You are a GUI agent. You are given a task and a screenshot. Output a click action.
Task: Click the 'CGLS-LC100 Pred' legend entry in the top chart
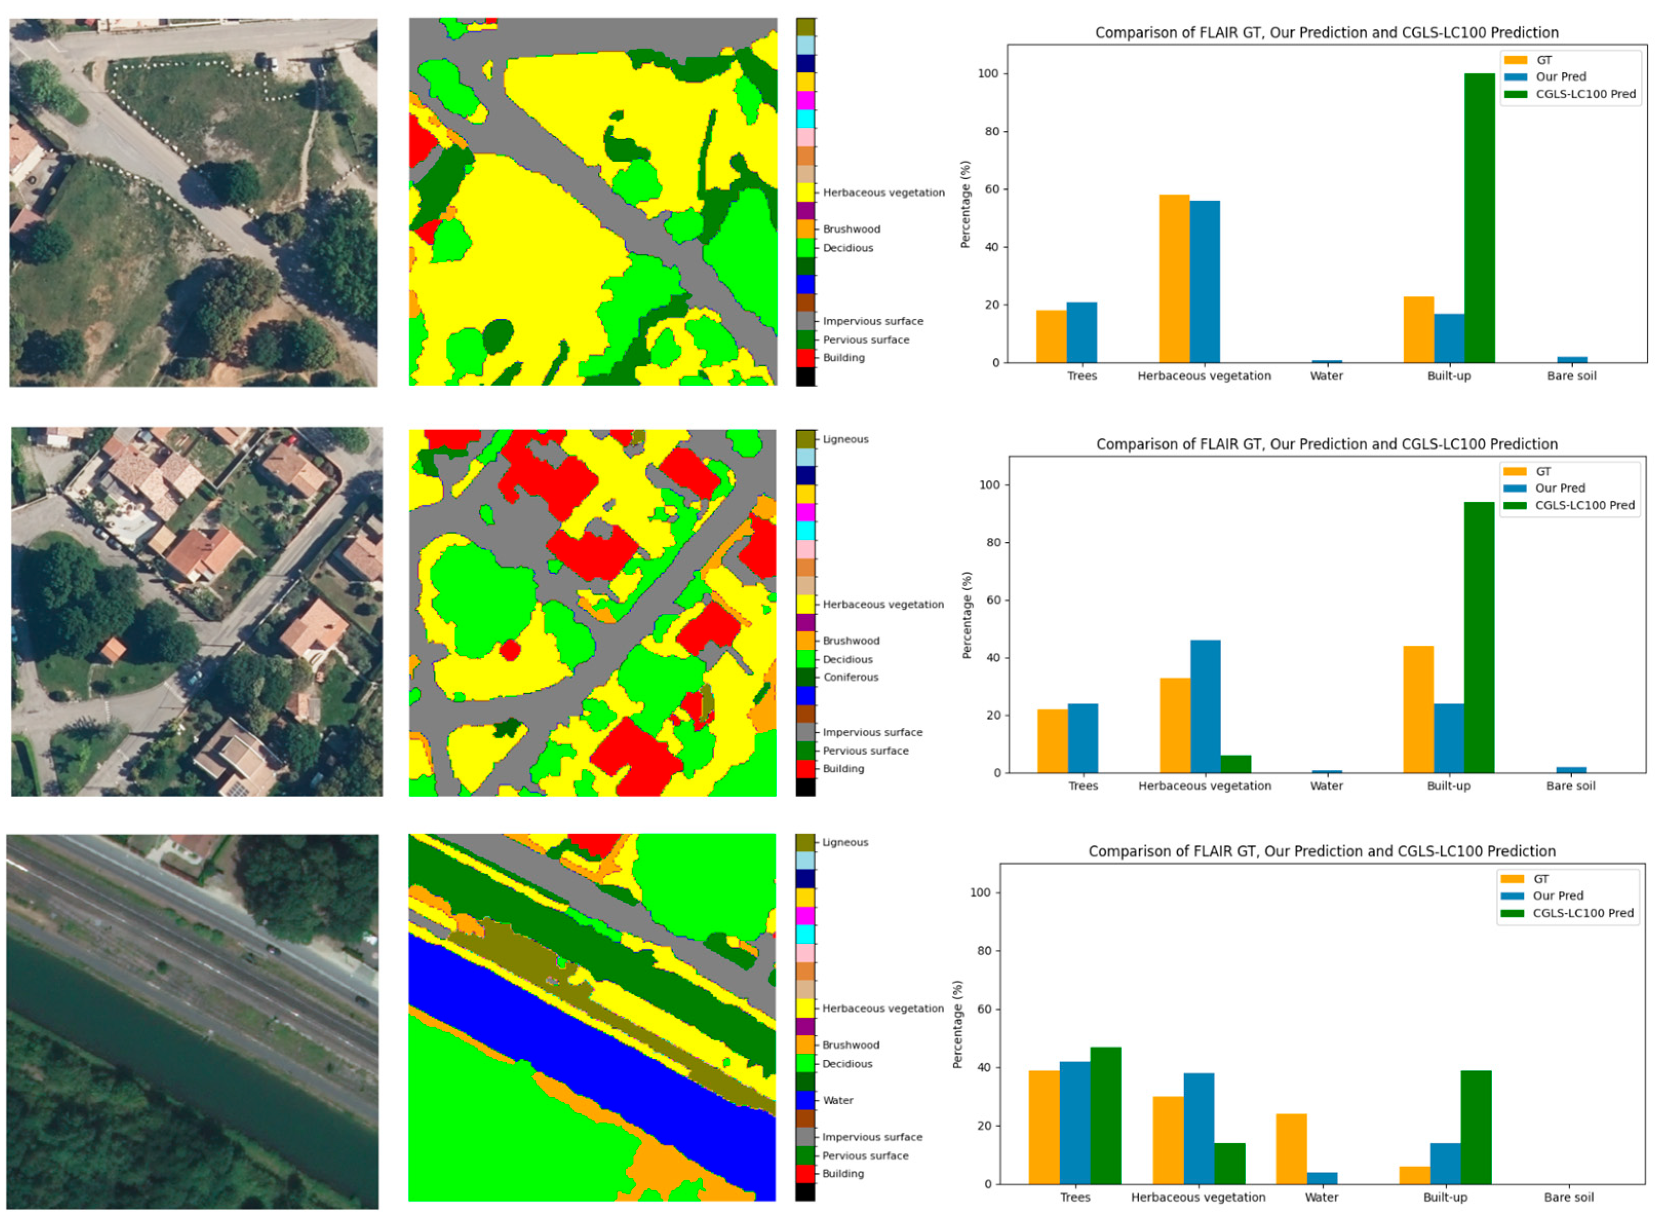pos(1585,94)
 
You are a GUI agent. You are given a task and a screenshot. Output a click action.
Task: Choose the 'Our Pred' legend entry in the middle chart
pos(1560,488)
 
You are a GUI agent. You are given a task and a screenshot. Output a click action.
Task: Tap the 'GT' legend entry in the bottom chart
pos(1541,879)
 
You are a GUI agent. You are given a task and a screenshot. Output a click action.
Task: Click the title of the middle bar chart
pos(1326,444)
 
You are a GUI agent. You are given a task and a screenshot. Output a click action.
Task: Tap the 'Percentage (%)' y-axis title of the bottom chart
pos(957,1024)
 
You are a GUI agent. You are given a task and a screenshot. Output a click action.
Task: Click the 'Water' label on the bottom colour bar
pos(838,1100)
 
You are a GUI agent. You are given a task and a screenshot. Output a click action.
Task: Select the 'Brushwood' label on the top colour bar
pos(851,229)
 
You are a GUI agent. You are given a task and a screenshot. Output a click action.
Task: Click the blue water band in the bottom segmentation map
pos(591,1034)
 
